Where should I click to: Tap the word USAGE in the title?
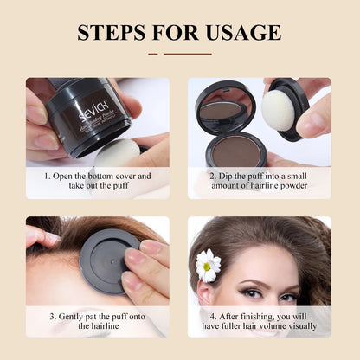point(241,32)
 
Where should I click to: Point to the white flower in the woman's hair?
point(208,265)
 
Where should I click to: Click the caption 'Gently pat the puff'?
point(97,320)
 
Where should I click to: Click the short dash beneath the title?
point(153,54)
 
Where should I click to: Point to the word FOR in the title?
point(177,32)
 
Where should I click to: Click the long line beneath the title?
point(187,54)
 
